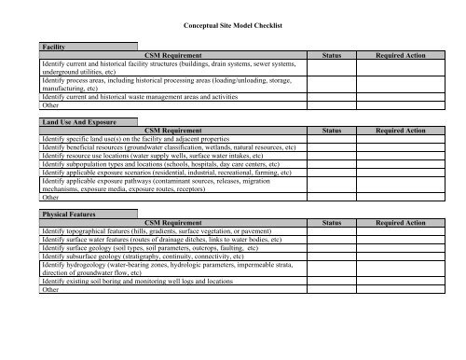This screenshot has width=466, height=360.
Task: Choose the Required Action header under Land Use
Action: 400,132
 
